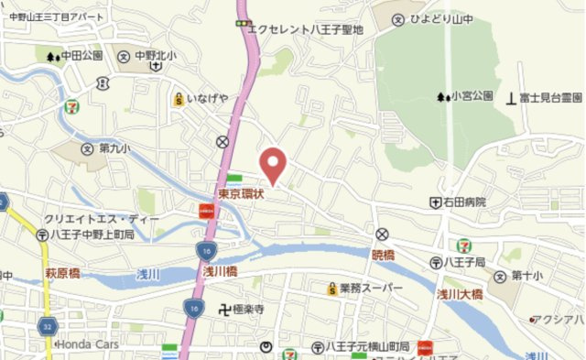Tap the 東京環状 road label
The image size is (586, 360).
242,194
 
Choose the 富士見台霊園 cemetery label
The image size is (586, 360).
551,96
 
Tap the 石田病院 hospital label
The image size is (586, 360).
464,202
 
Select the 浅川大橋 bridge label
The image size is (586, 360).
459,294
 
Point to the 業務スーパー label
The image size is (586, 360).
371,289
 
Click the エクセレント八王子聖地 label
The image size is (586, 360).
306,29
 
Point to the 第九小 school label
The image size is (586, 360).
115,147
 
